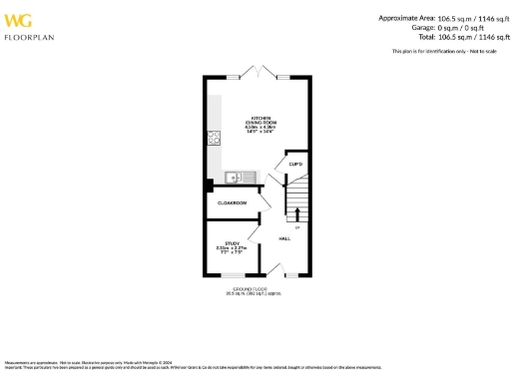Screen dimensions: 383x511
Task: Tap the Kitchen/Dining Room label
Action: click(261, 120)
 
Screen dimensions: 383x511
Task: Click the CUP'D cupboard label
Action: click(295, 164)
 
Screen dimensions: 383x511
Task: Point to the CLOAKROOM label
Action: click(232, 202)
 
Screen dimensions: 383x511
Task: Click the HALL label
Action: click(285, 239)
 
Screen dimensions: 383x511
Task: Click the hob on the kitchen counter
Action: click(214, 138)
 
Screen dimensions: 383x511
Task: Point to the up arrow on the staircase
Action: click(296, 209)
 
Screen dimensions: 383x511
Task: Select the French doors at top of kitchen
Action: click(257, 75)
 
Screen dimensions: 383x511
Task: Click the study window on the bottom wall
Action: click(233, 275)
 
